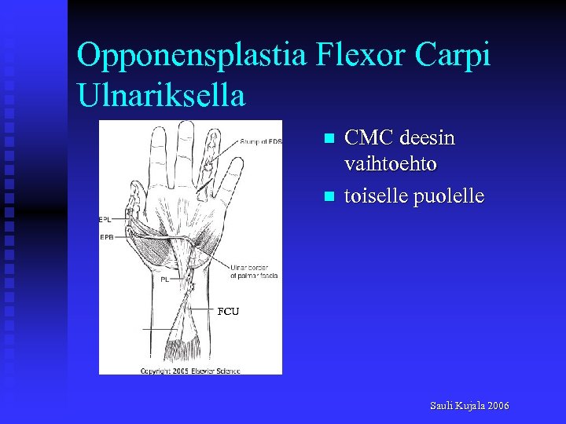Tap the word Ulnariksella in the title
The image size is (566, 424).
pyautogui.click(x=161, y=95)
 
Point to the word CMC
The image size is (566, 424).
pyautogui.click(x=369, y=138)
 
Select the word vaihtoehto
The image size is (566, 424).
pyautogui.click(x=391, y=164)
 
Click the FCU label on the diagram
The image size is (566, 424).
pyautogui.click(x=228, y=312)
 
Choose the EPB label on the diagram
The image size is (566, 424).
pyautogui.click(x=107, y=236)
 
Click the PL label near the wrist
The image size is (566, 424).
pyautogui.click(x=166, y=278)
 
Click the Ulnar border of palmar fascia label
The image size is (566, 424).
pyautogui.click(x=255, y=272)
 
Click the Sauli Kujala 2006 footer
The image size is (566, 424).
pyautogui.click(x=469, y=405)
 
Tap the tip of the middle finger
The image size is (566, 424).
pyautogui.click(x=184, y=126)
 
